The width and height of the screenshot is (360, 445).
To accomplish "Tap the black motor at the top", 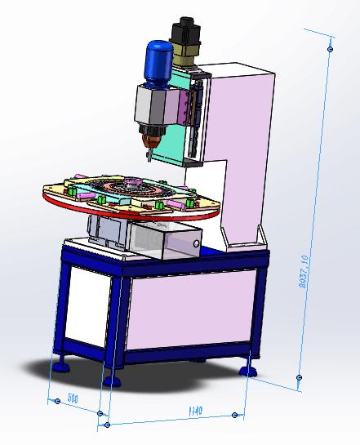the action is pyautogui.click(x=186, y=31).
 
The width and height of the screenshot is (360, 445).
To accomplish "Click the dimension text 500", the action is pyautogui.click(x=73, y=398).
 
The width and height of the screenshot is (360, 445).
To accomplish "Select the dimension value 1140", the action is pyautogui.click(x=195, y=411).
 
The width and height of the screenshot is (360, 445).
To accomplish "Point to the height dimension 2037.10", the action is pyautogui.click(x=304, y=272).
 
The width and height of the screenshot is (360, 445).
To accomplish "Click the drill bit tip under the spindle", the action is pyautogui.click(x=149, y=159).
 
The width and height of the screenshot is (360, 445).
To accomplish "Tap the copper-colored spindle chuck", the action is pyautogui.click(x=151, y=141).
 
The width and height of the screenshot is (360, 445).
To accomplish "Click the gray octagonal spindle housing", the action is pyautogui.click(x=160, y=105).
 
